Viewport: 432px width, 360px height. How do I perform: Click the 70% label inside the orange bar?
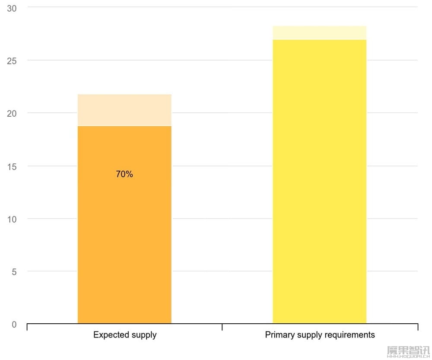pyautogui.click(x=124, y=174)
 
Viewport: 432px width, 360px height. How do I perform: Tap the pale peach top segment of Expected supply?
pyautogui.click(x=124, y=110)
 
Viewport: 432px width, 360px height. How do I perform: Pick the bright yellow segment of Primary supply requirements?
pyautogui.click(x=320, y=182)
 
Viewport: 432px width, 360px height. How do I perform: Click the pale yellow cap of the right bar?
pyautogui.click(x=320, y=33)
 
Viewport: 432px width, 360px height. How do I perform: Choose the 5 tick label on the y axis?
pyautogui.click(x=14, y=272)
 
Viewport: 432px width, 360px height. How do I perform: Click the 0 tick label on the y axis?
pyautogui.click(x=14, y=325)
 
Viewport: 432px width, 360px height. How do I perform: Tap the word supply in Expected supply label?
pyautogui.click(x=143, y=335)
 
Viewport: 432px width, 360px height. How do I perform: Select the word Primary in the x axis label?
pyautogui.click(x=279, y=335)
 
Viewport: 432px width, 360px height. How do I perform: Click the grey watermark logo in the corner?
pyautogui.click(x=408, y=351)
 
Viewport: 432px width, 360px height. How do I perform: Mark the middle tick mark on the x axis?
pyautogui.click(x=222, y=327)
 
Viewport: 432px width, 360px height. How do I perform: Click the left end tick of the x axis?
pyautogui.click(x=27, y=327)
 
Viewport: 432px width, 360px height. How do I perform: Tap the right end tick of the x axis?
pyautogui.click(x=418, y=327)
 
